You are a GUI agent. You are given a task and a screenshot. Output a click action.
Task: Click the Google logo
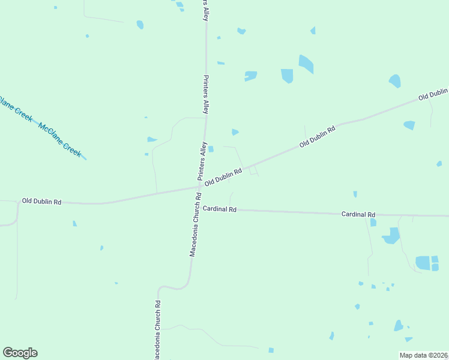[x=20, y=353]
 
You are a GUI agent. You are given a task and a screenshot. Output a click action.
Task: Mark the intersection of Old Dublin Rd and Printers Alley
[x=200, y=187]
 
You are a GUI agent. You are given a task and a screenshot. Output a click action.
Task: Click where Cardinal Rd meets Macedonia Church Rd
[x=197, y=209]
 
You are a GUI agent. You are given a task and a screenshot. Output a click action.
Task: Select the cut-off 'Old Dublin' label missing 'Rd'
[x=433, y=94]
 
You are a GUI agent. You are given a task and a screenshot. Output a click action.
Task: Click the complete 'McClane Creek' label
[x=59, y=140]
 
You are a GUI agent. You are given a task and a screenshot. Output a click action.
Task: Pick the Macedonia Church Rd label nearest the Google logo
[x=157, y=329]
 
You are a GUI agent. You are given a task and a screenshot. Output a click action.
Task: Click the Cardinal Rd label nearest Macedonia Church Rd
[x=220, y=209]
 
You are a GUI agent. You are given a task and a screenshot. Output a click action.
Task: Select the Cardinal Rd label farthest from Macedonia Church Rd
[x=358, y=214]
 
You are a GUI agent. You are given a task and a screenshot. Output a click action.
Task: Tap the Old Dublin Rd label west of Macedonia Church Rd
[x=41, y=202]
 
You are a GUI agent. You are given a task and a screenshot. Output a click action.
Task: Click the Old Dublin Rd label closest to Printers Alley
[x=223, y=177]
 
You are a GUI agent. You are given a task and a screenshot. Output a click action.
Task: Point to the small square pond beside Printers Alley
[x=211, y=149]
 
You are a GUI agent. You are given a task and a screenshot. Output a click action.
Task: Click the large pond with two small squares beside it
[x=423, y=263]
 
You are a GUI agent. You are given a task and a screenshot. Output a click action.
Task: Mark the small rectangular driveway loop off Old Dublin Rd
[x=254, y=170]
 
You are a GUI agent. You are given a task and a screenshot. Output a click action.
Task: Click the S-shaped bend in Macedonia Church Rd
[x=180, y=287]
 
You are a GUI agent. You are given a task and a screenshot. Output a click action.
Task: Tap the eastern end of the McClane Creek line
[x=86, y=159]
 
